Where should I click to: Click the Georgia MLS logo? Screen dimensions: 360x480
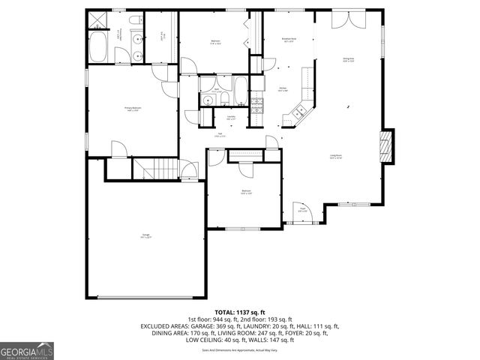[27, 349]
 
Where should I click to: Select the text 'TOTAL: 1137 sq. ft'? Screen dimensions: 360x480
[240, 311]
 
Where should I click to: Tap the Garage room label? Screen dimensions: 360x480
[145, 236]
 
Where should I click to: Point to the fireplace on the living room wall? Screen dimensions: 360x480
[385, 146]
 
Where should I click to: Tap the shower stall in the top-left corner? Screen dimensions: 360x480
[97, 19]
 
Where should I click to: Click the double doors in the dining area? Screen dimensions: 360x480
[342, 20]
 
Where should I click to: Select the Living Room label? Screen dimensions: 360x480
[335, 157]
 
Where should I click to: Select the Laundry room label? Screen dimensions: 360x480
[232, 117]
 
